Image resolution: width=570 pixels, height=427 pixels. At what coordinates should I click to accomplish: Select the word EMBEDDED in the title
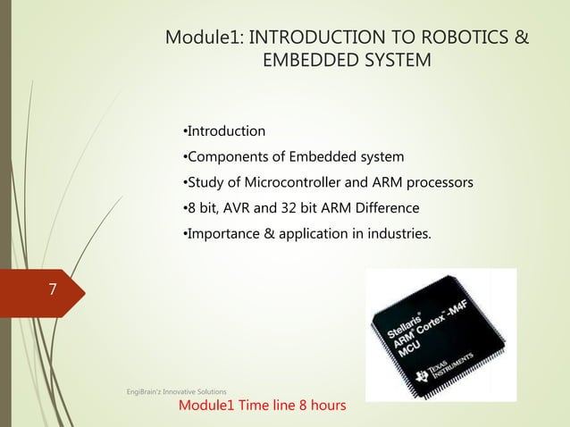pyautogui.click(x=303, y=61)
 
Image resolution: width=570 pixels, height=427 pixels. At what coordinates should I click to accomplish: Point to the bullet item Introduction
pyautogui.click(x=224, y=131)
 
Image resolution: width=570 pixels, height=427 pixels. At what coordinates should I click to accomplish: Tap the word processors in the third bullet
pyautogui.click(x=439, y=184)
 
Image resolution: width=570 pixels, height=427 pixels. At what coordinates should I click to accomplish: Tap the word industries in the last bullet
pyautogui.click(x=398, y=235)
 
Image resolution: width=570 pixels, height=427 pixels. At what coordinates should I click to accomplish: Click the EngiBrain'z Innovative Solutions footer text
pyautogui.click(x=174, y=391)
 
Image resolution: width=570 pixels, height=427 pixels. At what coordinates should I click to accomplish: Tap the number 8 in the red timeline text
pyautogui.click(x=295, y=406)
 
